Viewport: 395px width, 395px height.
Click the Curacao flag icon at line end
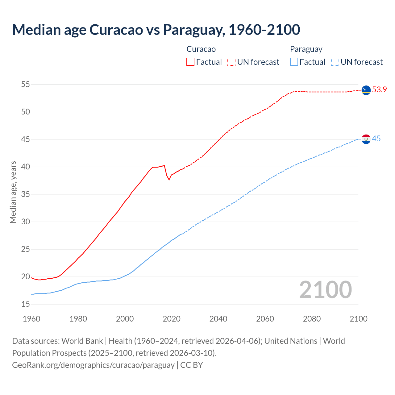[x=366, y=90]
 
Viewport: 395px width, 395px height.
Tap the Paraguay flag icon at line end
[x=366, y=139]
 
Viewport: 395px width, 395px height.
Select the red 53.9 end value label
[x=379, y=90]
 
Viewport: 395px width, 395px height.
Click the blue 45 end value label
[x=376, y=139]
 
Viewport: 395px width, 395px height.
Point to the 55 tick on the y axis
[x=26, y=84]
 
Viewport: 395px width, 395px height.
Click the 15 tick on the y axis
[x=26, y=304]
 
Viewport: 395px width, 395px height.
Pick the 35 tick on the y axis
[x=26, y=194]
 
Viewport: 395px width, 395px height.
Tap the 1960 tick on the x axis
[x=31, y=319]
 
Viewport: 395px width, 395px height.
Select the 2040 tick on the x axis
[x=218, y=319]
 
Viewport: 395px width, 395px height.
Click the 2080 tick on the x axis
[x=312, y=319]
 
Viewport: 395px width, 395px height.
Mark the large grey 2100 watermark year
[x=326, y=289]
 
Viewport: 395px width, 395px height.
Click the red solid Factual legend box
[x=190, y=62]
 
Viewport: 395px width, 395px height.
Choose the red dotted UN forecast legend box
[x=231, y=62]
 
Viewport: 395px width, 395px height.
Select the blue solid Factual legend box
[x=294, y=62]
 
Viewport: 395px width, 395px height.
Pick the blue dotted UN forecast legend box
[x=335, y=62]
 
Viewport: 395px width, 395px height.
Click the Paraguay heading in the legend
[x=306, y=49]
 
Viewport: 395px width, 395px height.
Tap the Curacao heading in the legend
[x=201, y=49]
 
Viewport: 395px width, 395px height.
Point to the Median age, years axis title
[x=13, y=192]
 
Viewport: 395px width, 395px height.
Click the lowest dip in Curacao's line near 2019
[x=169, y=180]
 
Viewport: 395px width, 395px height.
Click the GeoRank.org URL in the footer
[x=93, y=365]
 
